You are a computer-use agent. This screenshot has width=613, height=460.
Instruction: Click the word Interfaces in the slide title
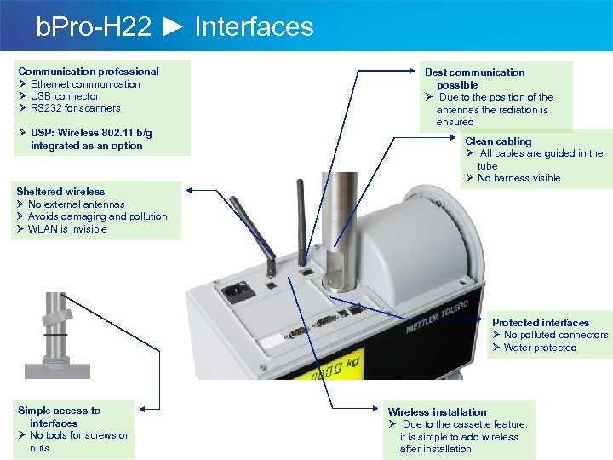point(254,26)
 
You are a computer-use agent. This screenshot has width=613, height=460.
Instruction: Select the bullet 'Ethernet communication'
point(85,84)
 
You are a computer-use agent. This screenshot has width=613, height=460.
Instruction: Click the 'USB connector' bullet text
point(65,96)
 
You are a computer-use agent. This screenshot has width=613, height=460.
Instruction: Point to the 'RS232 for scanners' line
point(75,108)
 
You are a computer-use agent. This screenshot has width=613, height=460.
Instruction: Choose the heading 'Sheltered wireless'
point(60,192)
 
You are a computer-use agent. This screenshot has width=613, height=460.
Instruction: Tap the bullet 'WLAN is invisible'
point(67,229)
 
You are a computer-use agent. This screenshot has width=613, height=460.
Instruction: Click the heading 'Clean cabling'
point(498,141)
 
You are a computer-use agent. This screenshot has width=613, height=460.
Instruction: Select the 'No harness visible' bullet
point(519,178)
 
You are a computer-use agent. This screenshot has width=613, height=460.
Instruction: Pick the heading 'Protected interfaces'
point(541,323)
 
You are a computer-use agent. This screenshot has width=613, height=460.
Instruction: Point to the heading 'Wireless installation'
point(438,412)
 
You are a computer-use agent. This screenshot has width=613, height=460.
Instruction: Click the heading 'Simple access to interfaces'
point(59,417)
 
